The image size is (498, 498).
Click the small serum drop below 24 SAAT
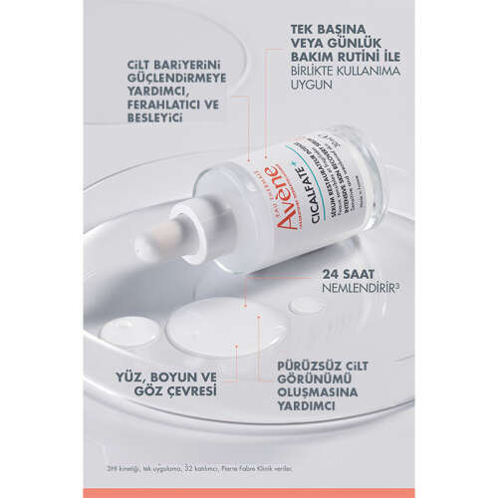coord(308,305)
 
